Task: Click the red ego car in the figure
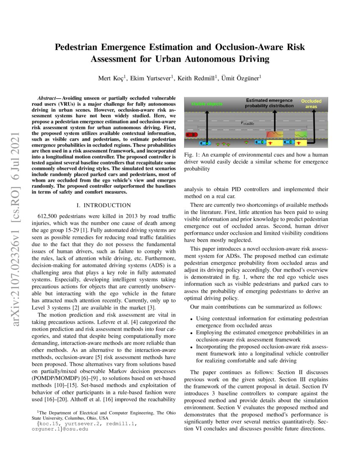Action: [191, 134]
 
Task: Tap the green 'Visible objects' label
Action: [207, 104]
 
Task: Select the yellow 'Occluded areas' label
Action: [311, 104]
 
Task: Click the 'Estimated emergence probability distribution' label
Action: [269, 103]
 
